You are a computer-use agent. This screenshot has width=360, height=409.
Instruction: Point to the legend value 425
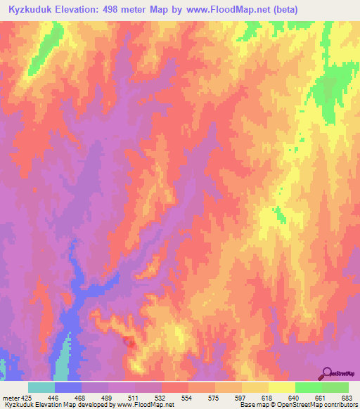click(27, 398)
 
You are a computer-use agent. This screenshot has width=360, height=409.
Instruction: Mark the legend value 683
click(346, 398)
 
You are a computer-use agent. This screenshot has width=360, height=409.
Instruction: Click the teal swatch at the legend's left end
click(41, 387)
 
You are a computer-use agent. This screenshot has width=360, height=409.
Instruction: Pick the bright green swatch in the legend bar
click(309, 387)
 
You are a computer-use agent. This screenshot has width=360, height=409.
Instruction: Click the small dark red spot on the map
click(129, 342)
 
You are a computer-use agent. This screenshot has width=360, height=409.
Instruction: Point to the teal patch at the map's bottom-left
click(63, 362)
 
